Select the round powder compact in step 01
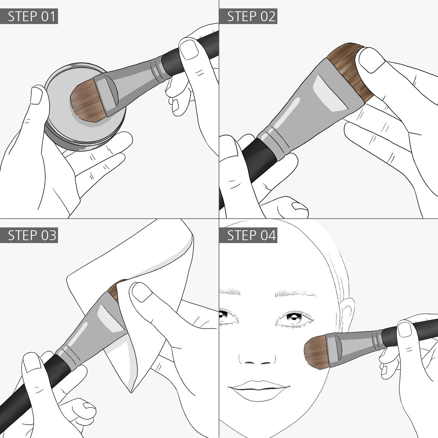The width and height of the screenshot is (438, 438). pos(84,107)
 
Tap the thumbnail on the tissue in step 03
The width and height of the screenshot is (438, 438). pos(142,292)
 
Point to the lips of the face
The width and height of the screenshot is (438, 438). pos(259,390)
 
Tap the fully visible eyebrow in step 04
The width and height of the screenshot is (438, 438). pos(297,293)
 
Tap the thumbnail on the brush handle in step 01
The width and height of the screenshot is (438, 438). pos(189,50)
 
